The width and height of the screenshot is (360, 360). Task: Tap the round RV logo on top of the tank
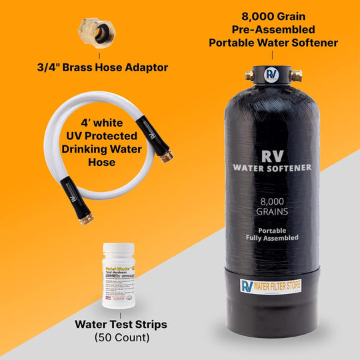click(271, 73)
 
